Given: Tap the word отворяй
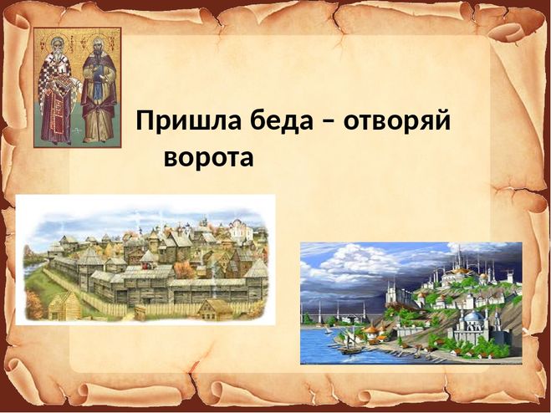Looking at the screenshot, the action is click(397, 121).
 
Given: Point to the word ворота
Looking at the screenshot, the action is click(209, 157).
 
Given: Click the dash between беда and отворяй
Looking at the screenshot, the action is click(329, 123).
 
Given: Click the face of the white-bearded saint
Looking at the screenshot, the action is click(56, 48).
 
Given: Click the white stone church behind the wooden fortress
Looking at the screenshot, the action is click(241, 229).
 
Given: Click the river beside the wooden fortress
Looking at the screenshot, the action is click(33, 269).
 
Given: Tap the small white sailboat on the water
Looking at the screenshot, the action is click(328, 330).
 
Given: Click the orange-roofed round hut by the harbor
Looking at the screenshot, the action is click(370, 330).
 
